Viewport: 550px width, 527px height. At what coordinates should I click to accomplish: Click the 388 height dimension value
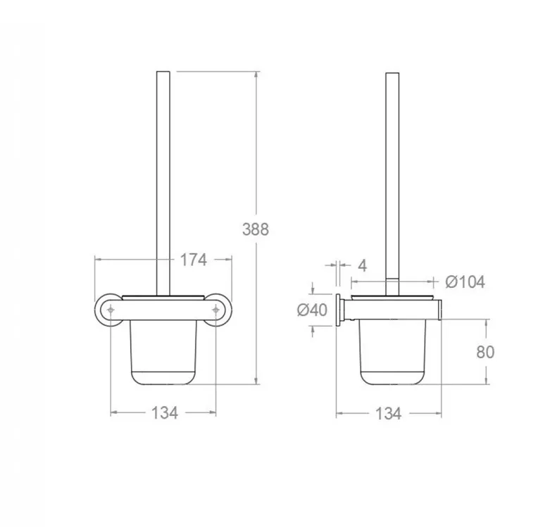coord(256,229)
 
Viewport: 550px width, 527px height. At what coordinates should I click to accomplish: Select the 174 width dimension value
coord(193,260)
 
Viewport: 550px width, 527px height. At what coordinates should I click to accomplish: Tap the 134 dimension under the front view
coord(165,413)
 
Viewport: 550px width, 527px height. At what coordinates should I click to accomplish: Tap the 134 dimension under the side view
coord(388,414)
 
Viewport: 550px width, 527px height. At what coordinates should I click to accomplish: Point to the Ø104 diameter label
coord(465,281)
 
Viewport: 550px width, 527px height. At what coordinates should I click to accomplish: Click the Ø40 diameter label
coord(312,310)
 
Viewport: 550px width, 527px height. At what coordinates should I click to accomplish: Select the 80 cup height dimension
coord(485,352)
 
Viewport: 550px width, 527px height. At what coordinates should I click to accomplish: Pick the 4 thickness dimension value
coord(363,265)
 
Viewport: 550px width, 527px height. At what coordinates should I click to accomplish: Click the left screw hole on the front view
coord(111,310)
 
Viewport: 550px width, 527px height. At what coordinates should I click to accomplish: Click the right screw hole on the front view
coord(215,310)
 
